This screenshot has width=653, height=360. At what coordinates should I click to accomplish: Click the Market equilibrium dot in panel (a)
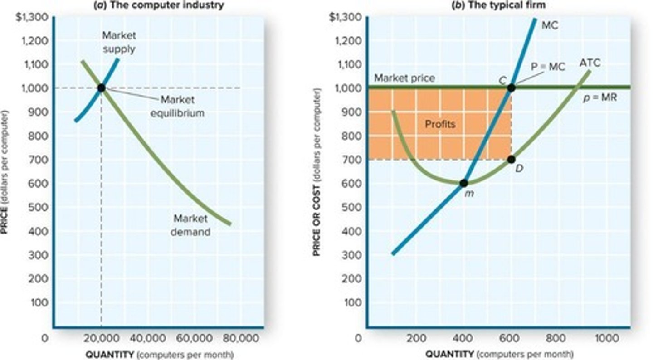101,88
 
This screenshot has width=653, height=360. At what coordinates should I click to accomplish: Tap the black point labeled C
511,88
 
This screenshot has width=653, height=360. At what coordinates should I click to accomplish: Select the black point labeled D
511,160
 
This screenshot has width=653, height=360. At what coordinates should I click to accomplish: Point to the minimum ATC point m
463,183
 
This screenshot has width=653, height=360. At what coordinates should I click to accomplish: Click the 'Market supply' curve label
118,42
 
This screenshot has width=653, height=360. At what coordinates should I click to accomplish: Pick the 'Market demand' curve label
190,225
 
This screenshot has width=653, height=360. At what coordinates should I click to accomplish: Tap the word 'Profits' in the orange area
439,124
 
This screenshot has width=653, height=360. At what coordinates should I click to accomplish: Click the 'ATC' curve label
590,63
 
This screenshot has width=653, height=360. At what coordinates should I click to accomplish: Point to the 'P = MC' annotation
548,67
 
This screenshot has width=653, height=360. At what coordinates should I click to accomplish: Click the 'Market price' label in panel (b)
404,78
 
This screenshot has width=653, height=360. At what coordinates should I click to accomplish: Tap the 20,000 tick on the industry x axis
101,338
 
